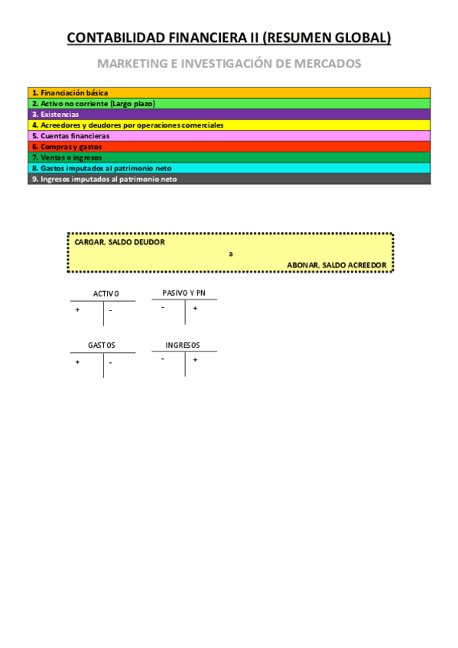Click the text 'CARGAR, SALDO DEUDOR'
point(119,242)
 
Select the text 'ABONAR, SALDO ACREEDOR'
point(336,264)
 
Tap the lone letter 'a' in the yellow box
point(230,254)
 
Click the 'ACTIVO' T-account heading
point(106,294)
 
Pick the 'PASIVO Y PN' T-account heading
point(184,293)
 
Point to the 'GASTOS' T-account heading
point(102,345)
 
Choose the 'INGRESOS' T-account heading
point(183,345)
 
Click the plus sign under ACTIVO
point(77,310)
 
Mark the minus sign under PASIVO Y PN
point(163,308)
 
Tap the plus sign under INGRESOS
point(195,359)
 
